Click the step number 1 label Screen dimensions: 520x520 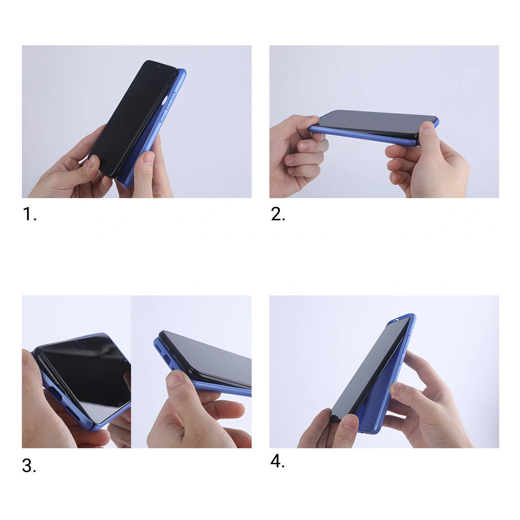point(29,214)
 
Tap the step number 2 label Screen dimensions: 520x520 point(278,214)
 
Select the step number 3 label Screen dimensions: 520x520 point(29,465)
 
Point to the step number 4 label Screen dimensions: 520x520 point(277,461)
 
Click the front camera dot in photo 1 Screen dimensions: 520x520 point(159,67)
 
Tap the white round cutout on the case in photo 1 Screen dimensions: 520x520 point(165,100)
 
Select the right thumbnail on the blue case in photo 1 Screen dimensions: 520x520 point(148,158)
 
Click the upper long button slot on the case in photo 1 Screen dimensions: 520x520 point(171,100)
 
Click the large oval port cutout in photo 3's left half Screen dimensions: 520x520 point(55,393)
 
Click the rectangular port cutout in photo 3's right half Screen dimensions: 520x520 point(166,360)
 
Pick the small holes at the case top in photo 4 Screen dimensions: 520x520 point(395,320)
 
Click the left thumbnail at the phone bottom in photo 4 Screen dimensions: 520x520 point(349,421)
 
